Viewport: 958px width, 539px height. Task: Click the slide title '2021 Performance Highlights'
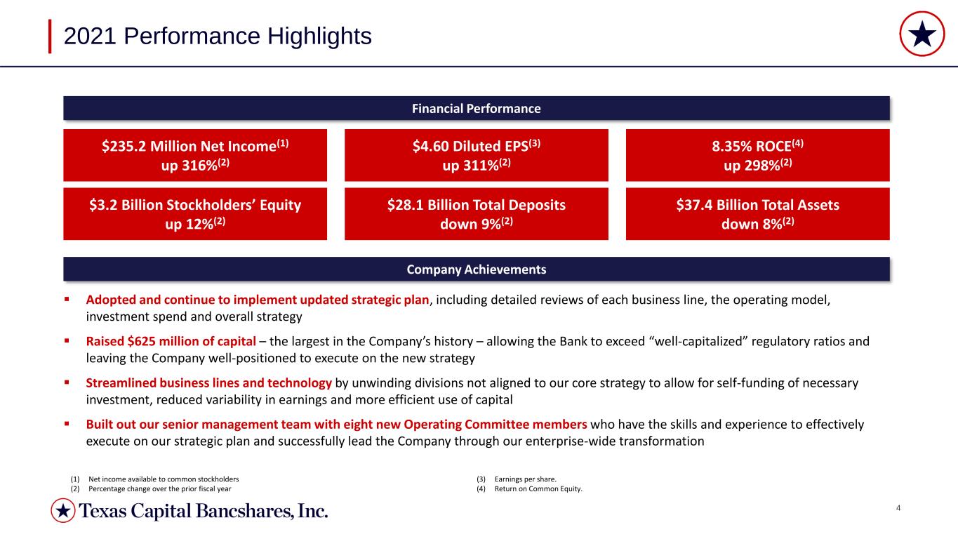pyautogui.click(x=218, y=36)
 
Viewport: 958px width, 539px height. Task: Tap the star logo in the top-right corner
pyautogui.click(x=922, y=34)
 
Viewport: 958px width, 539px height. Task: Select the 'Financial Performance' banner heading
pyautogui.click(x=476, y=109)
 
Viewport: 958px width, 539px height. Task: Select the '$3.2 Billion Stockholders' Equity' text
pyautogui.click(x=195, y=205)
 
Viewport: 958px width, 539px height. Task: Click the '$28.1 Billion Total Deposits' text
pyautogui.click(x=477, y=205)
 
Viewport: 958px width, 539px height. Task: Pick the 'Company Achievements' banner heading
pyautogui.click(x=476, y=269)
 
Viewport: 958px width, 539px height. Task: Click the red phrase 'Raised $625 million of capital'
pyautogui.click(x=171, y=341)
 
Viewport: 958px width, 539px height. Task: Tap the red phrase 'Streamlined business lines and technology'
pyautogui.click(x=208, y=383)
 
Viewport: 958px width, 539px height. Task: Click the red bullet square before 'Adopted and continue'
pyautogui.click(x=67, y=300)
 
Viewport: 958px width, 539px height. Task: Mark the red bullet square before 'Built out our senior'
pyautogui.click(x=67, y=424)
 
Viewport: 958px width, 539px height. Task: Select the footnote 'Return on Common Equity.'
pyautogui.click(x=538, y=488)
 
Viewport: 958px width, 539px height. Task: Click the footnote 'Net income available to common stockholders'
pyautogui.click(x=164, y=479)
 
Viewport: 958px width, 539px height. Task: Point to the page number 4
pyautogui.click(x=898, y=508)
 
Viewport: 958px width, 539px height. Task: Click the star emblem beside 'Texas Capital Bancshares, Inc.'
pyautogui.click(x=63, y=510)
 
